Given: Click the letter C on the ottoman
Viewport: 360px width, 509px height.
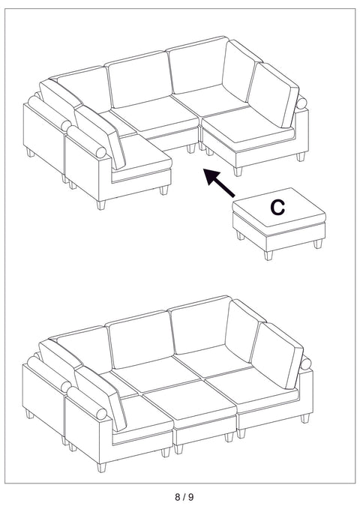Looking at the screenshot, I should tap(277, 208).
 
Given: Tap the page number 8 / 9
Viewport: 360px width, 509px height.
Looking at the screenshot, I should tap(180, 496).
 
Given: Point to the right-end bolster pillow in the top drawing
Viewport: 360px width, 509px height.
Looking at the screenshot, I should tap(303, 104).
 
